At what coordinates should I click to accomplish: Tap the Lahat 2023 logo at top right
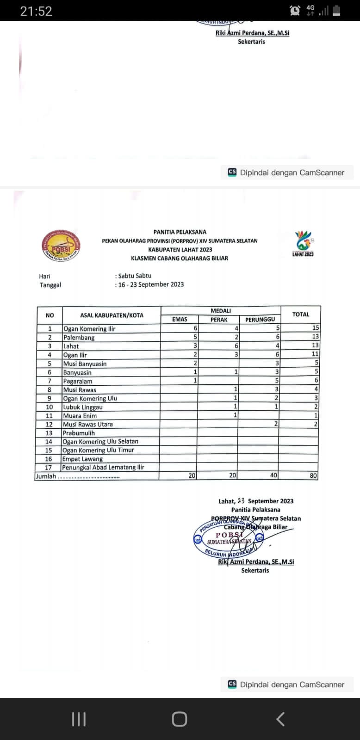pos(304,244)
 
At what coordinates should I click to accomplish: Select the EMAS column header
pos(180,319)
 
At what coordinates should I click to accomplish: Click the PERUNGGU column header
pos(260,319)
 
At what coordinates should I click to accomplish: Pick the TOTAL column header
pos(301,314)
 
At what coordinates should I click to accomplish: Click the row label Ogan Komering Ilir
pos(89,329)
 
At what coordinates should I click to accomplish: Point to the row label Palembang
pos(79,338)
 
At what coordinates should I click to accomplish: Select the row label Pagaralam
pos(78,381)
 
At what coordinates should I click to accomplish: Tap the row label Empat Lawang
pos(83,459)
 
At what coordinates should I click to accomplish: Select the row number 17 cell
pos(49,468)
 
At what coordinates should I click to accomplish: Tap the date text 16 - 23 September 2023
pos(151,284)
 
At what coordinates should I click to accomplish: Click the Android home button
pos(180,719)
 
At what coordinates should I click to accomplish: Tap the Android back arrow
pos(280,719)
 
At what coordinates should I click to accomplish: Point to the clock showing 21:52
pos(36,11)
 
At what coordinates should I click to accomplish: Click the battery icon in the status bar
pos(336,11)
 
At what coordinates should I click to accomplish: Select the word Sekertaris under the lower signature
pos(255,570)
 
